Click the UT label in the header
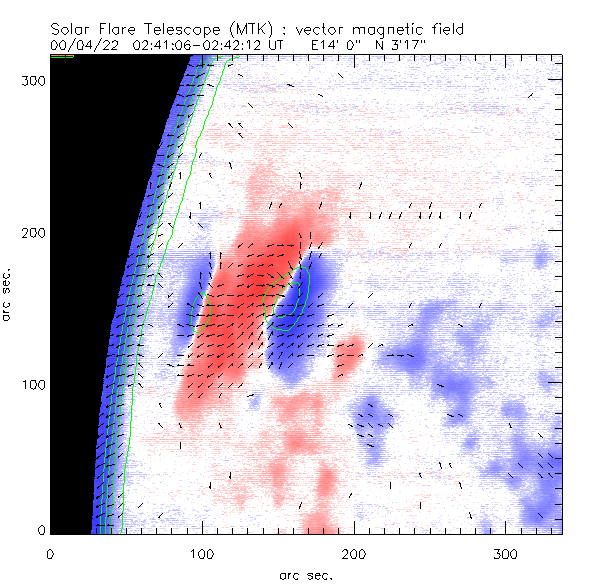click(x=276, y=46)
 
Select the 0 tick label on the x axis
click(x=50, y=553)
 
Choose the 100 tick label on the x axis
click(x=202, y=553)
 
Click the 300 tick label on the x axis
click(x=506, y=553)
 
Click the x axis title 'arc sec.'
click(x=305, y=575)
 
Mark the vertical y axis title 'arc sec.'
click(x=7, y=295)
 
